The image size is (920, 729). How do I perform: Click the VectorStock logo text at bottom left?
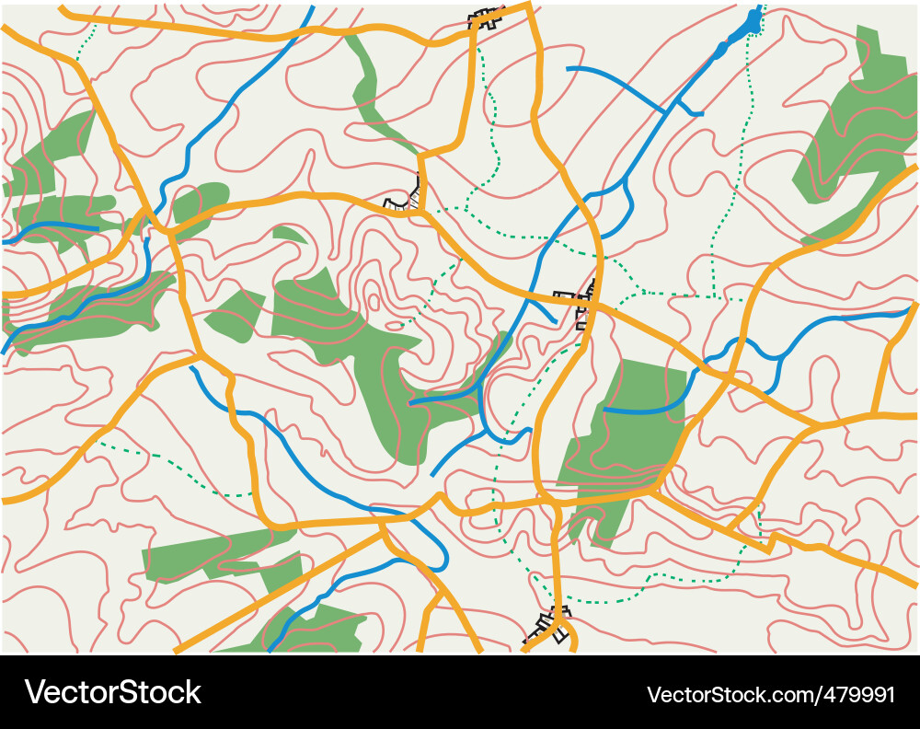point(112,693)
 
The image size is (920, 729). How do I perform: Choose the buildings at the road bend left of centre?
point(408,197)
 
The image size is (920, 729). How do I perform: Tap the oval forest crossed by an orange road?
point(200,206)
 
